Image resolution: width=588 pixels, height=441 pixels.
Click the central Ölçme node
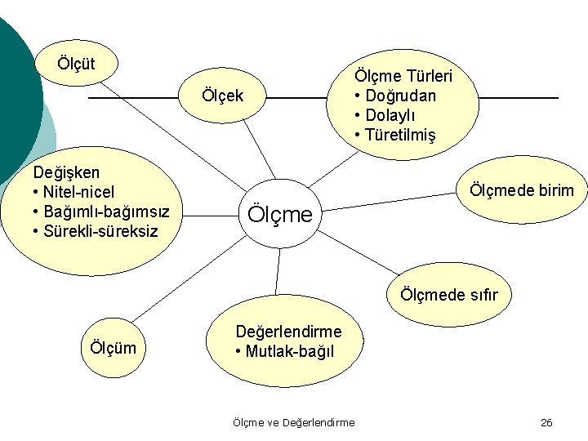point(278,215)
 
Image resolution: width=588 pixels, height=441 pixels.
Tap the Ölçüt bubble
point(76,63)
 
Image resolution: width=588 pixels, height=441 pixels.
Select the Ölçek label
point(222,97)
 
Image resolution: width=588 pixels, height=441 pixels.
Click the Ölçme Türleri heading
point(403,76)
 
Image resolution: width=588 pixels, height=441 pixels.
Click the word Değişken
point(66,172)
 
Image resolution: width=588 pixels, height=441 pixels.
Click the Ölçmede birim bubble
point(520,190)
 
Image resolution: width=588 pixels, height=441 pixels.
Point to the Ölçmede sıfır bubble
point(448,294)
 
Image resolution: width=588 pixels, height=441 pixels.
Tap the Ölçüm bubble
point(114,349)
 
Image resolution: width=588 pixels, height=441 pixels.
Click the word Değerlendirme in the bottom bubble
point(288,331)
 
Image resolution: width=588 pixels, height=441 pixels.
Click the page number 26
point(546,422)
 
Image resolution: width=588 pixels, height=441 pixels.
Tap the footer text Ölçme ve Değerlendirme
point(293,422)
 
